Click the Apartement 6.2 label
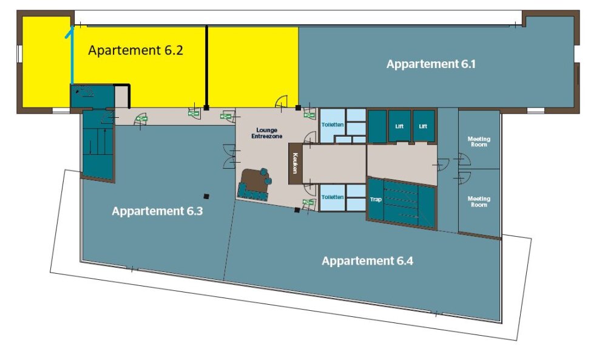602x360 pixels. [135, 50]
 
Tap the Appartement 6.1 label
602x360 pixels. [431, 64]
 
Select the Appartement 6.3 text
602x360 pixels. [157, 211]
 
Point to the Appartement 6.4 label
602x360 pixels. [367, 261]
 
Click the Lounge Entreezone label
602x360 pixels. [267, 133]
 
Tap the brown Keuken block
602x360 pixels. [296, 163]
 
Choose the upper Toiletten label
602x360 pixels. [333, 124]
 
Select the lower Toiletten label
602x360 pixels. [333, 197]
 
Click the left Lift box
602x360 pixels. [399, 126]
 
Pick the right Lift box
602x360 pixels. [424, 126]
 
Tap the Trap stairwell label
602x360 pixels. [376, 199]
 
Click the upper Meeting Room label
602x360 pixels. [479, 141]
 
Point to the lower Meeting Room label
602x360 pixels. [479, 202]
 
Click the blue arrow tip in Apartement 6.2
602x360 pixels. [72, 27]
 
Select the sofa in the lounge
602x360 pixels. [254, 185]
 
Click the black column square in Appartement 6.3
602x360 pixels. [206, 196]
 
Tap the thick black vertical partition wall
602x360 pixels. [206, 67]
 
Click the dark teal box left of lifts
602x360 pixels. [377, 126]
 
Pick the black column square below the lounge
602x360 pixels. [297, 210]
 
